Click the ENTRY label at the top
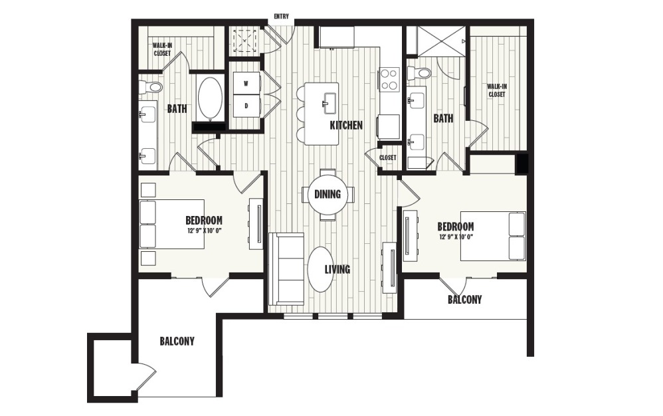point(281,16)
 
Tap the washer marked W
point(246,84)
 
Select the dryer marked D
point(246,106)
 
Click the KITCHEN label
point(346,125)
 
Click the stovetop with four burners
point(389,79)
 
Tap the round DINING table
point(328,195)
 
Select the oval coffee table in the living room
point(321,270)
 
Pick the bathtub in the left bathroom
point(211,99)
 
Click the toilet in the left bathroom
point(151,86)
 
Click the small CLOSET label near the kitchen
point(388,157)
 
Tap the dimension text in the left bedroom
point(205,231)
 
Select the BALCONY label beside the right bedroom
point(464,300)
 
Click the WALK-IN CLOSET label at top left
point(161,50)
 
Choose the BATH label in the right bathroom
point(443,118)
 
